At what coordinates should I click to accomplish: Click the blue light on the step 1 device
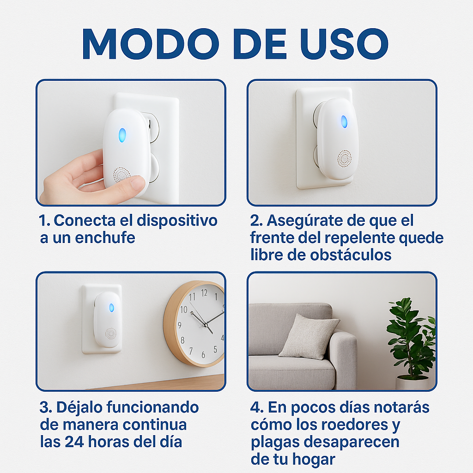pyautogui.click(x=122, y=135)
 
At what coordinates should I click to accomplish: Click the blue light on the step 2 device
pyautogui.click(x=344, y=122)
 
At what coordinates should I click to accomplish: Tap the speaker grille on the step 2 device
pyautogui.click(x=344, y=158)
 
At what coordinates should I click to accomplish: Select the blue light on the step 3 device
pyautogui.click(x=111, y=308)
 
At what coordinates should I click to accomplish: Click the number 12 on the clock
pyautogui.click(x=204, y=292)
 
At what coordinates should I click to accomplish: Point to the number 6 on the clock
pyautogui.click(x=203, y=355)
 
